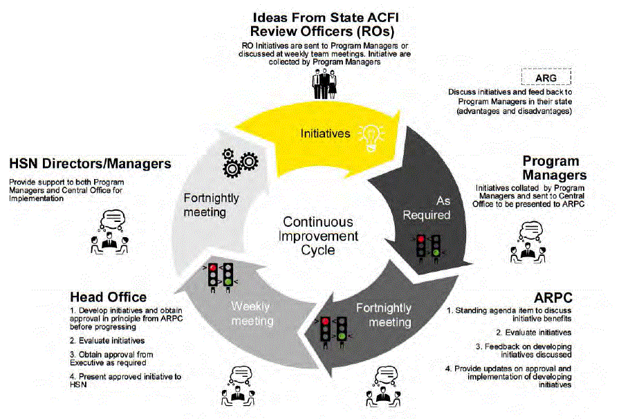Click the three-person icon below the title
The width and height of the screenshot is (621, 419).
tap(322, 85)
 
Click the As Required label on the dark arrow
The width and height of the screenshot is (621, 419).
tap(433, 207)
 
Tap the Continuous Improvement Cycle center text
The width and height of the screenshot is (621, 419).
tap(318, 236)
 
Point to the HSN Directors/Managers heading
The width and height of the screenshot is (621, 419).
tap(90, 164)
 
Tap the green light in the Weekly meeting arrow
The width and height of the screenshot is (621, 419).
tap(228, 281)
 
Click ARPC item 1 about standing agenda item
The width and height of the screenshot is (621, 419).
tap(511, 315)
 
